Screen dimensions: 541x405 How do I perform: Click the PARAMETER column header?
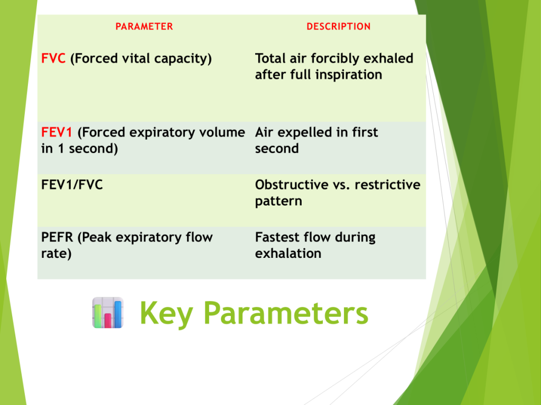[x=144, y=26]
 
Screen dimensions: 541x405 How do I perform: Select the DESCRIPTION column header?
[x=339, y=26]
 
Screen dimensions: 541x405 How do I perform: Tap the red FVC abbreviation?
[x=53, y=58]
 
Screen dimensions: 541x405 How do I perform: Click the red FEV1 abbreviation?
[x=57, y=132]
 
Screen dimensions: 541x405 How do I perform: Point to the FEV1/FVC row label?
[x=72, y=185]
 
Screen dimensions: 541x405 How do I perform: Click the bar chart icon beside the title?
[x=108, y=313]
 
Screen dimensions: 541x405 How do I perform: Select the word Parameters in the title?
[x=286, y=313]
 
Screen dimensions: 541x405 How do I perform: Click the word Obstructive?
[x=292, y=185]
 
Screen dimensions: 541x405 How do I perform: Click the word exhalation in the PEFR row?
[x=288, y=254]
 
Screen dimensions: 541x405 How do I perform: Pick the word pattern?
[x=278, y=201]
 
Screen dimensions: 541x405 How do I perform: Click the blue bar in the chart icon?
[x=118, y=314]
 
